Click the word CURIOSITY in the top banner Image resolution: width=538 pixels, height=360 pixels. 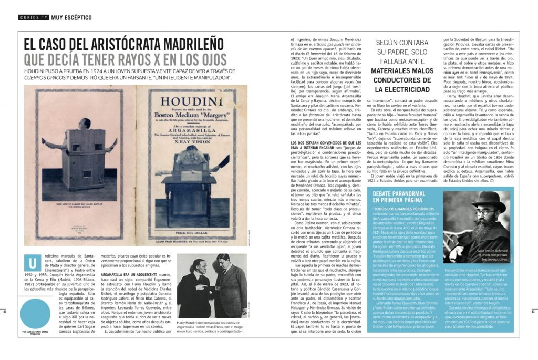point(34,17)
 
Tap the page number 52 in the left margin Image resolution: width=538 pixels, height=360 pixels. point(4,311)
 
